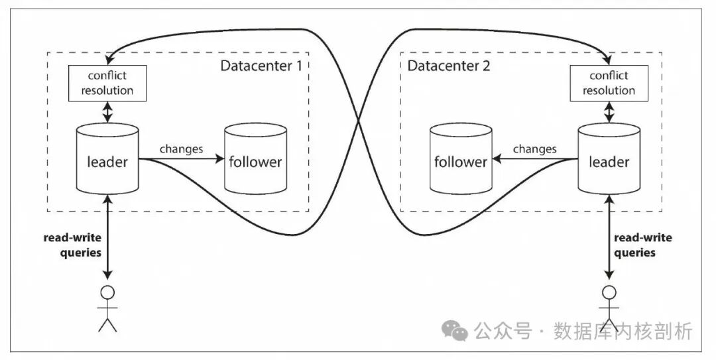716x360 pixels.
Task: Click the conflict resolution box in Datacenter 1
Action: pyautogui.click(x=107, y=84)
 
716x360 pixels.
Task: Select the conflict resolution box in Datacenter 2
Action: pyautogui.click(x=608, y=84)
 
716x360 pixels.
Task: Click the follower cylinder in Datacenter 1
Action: pyautogui.click(x=255, y=161)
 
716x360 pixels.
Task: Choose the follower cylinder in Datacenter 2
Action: pyautogui.click(x=460, y=161)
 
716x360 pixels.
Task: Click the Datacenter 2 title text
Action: pyautogui.click(x=449, y=66)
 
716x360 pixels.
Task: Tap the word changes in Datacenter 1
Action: pyautogui.click(x=181, y=149)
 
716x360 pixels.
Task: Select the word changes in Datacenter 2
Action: pyautogui.click(x=534, y=149)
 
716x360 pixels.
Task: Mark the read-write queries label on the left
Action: pyautogui.click(x=72, y=245)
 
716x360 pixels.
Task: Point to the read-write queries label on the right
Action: pyautogui.click(x=642, y=245)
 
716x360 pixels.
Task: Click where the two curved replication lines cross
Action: pyautogui.click(x=359, y=121)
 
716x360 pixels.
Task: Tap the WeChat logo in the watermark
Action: pyautogui.click(x=455, y=330)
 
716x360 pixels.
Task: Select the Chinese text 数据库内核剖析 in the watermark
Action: pyautogui.click(x=623, y=330)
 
